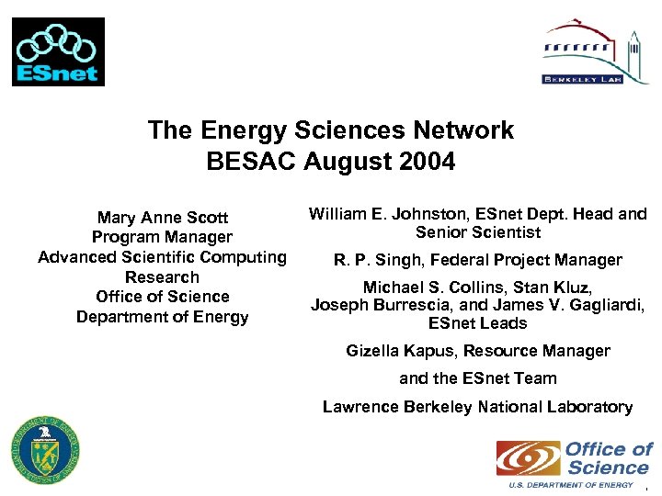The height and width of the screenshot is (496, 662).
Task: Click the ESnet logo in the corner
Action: click(x=58, y=51)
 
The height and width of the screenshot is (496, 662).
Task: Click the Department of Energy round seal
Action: click(x=45, y=449)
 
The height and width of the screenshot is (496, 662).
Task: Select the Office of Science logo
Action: click(x=575, y=462)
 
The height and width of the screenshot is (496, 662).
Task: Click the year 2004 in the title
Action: click(x=426, y=163)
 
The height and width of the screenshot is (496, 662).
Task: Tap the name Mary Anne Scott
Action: click(x=163, y=218)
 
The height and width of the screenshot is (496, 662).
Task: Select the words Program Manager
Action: click(x=162, y=238)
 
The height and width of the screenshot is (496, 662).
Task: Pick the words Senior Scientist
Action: click(x=478, y=233)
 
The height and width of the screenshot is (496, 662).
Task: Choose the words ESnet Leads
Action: click(x=478, y=323)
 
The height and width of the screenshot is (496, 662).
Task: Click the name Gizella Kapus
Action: click(x=400, y=351)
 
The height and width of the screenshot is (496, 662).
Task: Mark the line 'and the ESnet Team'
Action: click(x=478, y=378)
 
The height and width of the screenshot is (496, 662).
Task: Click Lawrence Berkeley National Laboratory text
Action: click(x=478, y=407)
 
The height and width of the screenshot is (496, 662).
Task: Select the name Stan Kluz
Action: click(x=554, y=287)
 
